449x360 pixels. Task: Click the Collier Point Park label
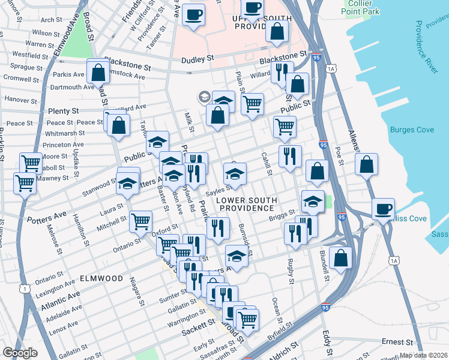click(364, 7)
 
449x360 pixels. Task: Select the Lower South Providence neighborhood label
click(247, 204)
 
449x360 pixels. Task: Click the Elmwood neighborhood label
click(101, 278)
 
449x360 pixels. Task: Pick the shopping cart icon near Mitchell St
click(140, 221)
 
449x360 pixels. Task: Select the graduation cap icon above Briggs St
click(312, 202)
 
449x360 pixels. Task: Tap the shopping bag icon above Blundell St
click(340, 257)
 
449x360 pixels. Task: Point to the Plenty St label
click(63, 111)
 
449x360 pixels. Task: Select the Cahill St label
click(267, 163)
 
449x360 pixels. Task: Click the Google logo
click(20, 353)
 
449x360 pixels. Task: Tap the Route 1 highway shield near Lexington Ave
click(25, 289)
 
